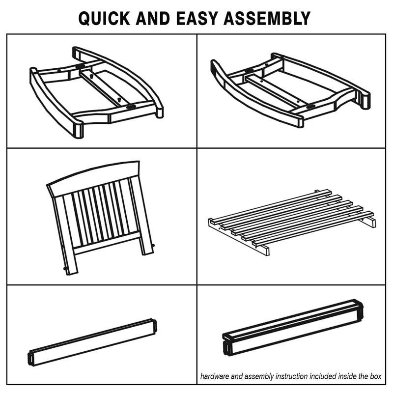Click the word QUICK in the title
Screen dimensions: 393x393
104,19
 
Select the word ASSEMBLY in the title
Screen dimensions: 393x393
267,19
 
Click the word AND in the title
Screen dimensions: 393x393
153,19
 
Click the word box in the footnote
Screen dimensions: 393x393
375,376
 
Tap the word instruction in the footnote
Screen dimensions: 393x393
292,376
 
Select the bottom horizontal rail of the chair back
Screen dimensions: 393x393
107,243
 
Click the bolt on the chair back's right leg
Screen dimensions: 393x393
153,245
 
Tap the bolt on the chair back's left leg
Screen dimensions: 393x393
65,269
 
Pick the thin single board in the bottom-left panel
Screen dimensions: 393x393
92,342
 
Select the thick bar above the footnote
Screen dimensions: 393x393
293,327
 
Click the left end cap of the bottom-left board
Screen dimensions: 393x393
30,359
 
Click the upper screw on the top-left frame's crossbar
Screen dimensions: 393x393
92,76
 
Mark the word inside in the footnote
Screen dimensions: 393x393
347,376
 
